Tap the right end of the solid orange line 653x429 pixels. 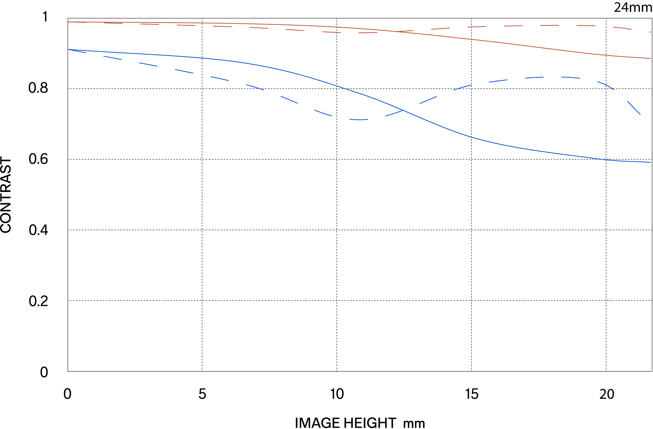point(651,59)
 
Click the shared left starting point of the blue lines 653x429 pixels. point(68,49)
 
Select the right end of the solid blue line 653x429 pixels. point(651,162)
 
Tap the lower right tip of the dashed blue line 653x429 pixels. point(640,114)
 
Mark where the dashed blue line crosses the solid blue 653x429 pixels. point(403,110)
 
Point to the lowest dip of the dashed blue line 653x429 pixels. point(359,120)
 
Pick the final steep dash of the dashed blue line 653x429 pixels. point(634,108)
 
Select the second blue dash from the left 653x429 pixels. point(112,58)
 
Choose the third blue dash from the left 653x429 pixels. point(148,64)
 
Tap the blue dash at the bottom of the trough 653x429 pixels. point(359,120)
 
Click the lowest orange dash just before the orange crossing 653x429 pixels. point(368,33)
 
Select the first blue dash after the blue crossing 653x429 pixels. point(428,100)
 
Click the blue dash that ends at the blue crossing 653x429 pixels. point(394,113)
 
